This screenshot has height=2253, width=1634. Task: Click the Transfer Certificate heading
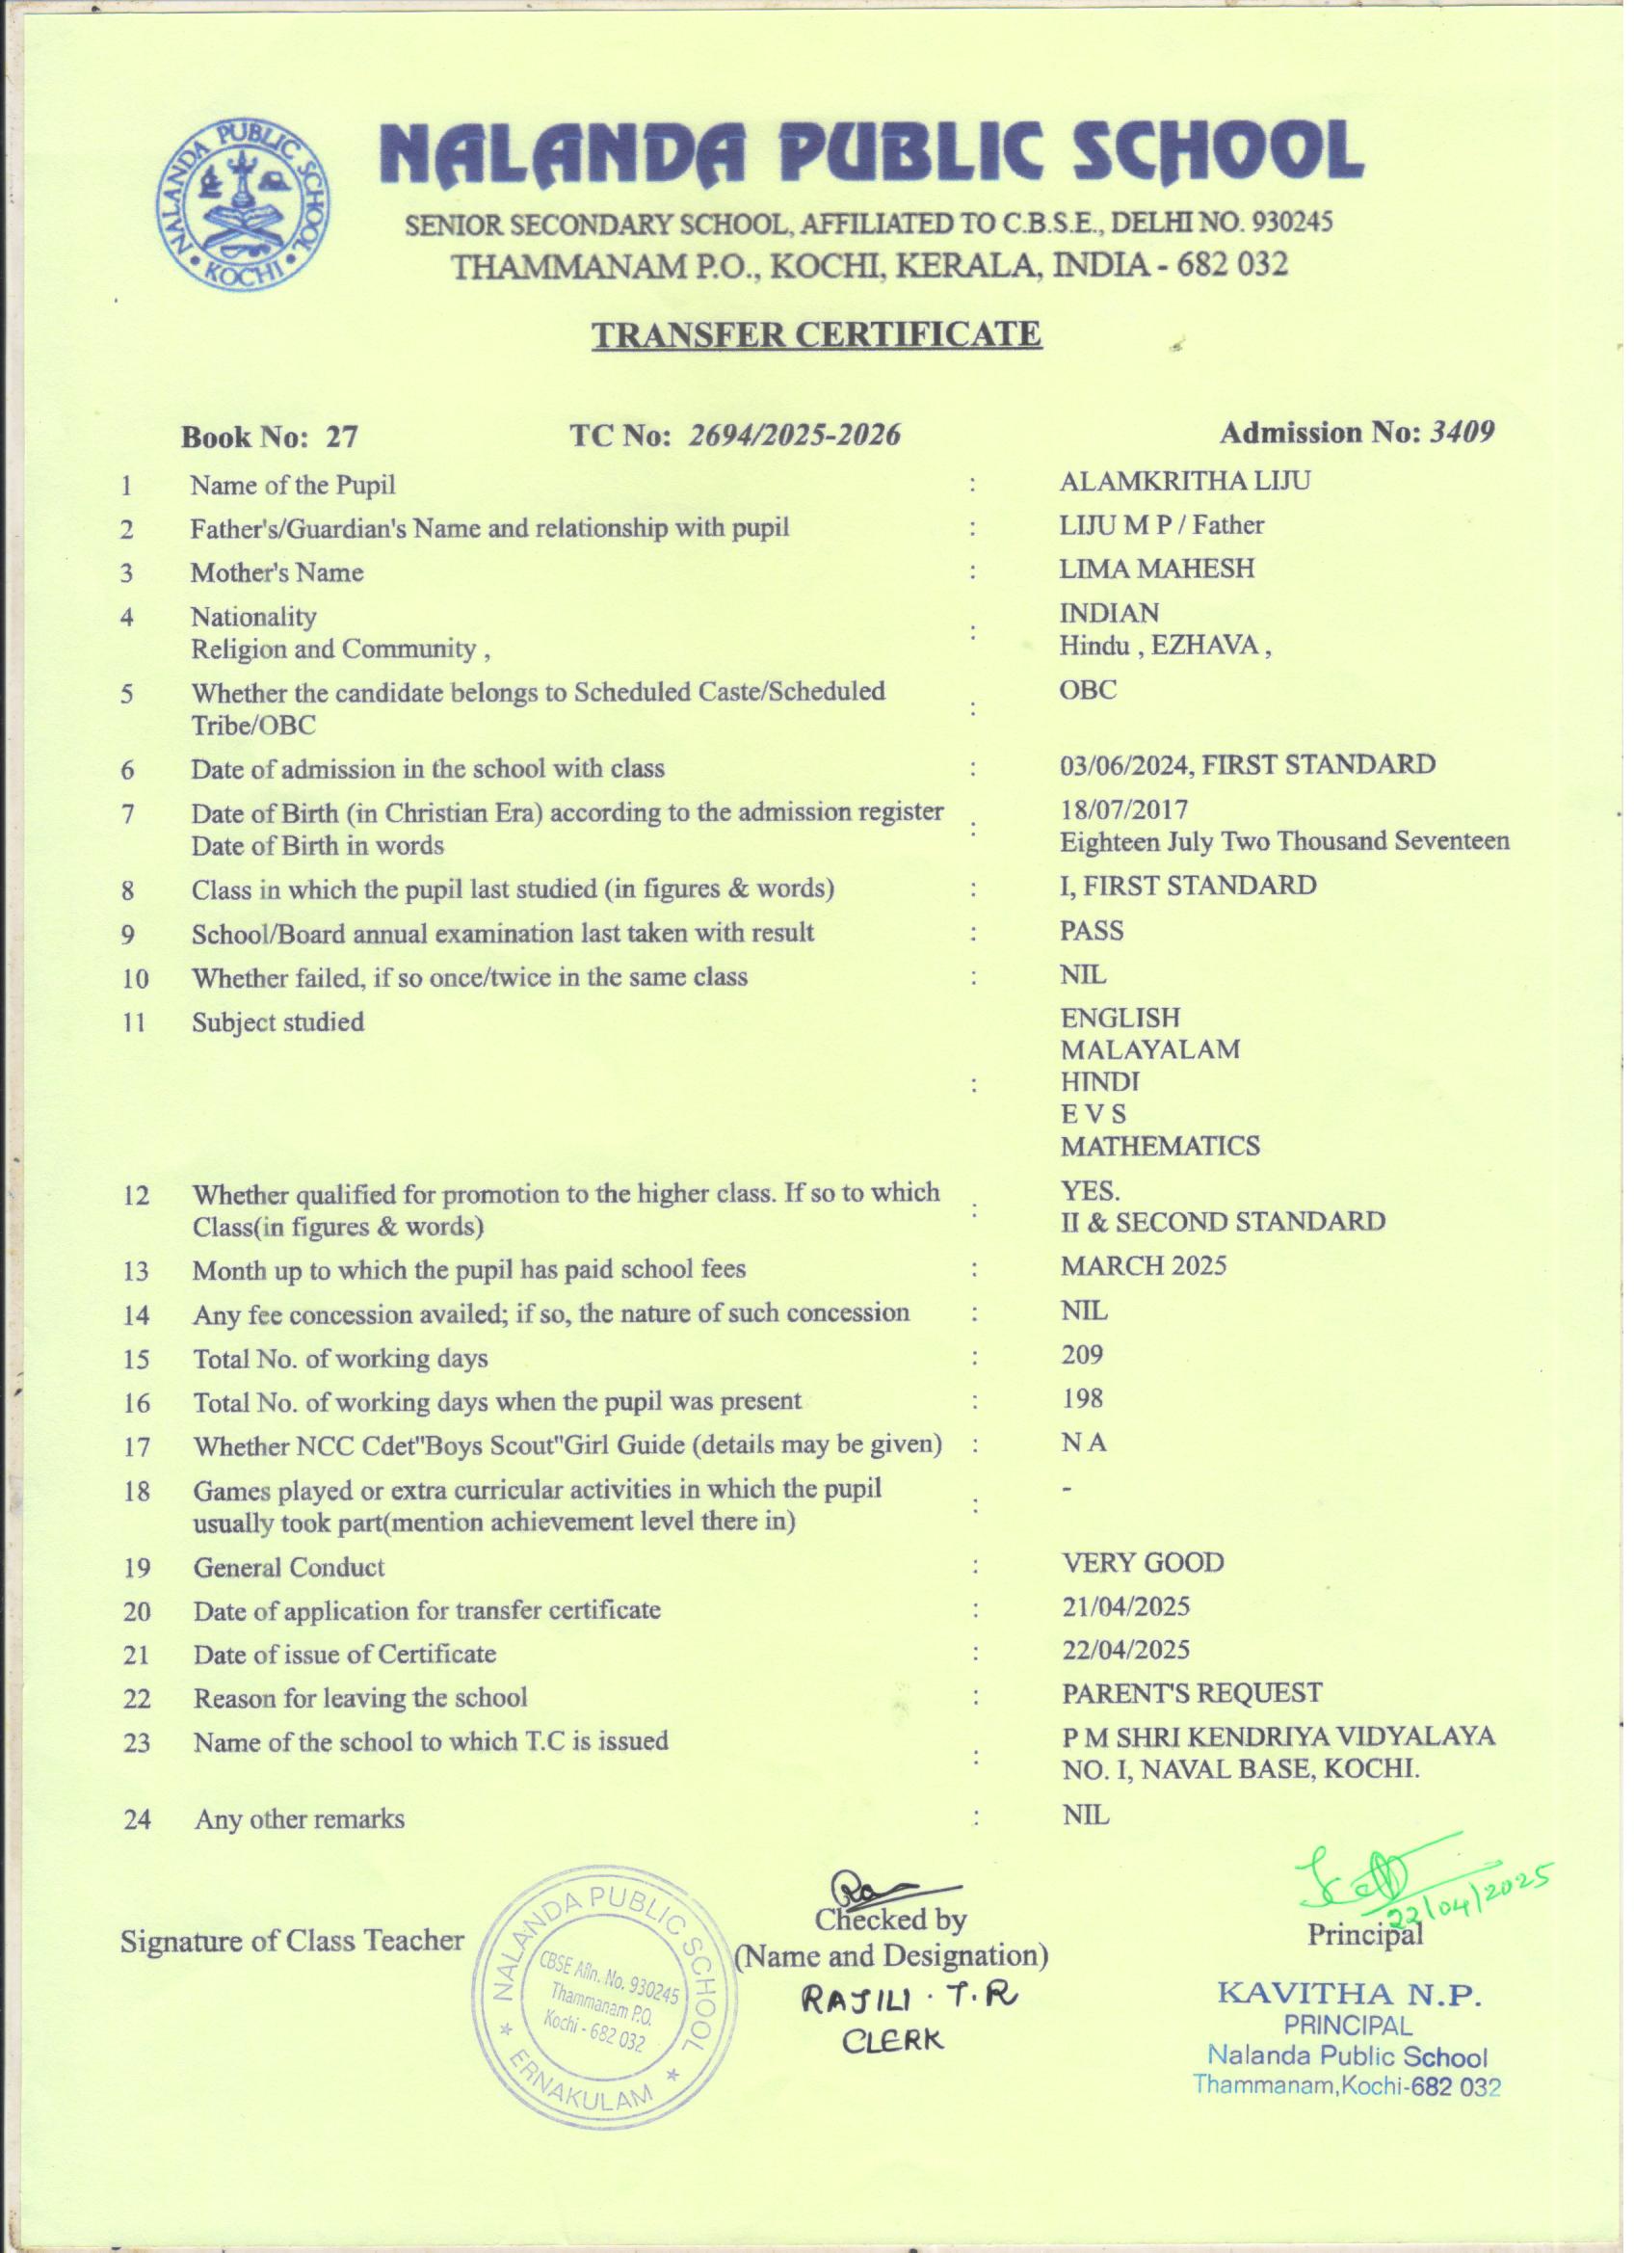click(816, 333)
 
